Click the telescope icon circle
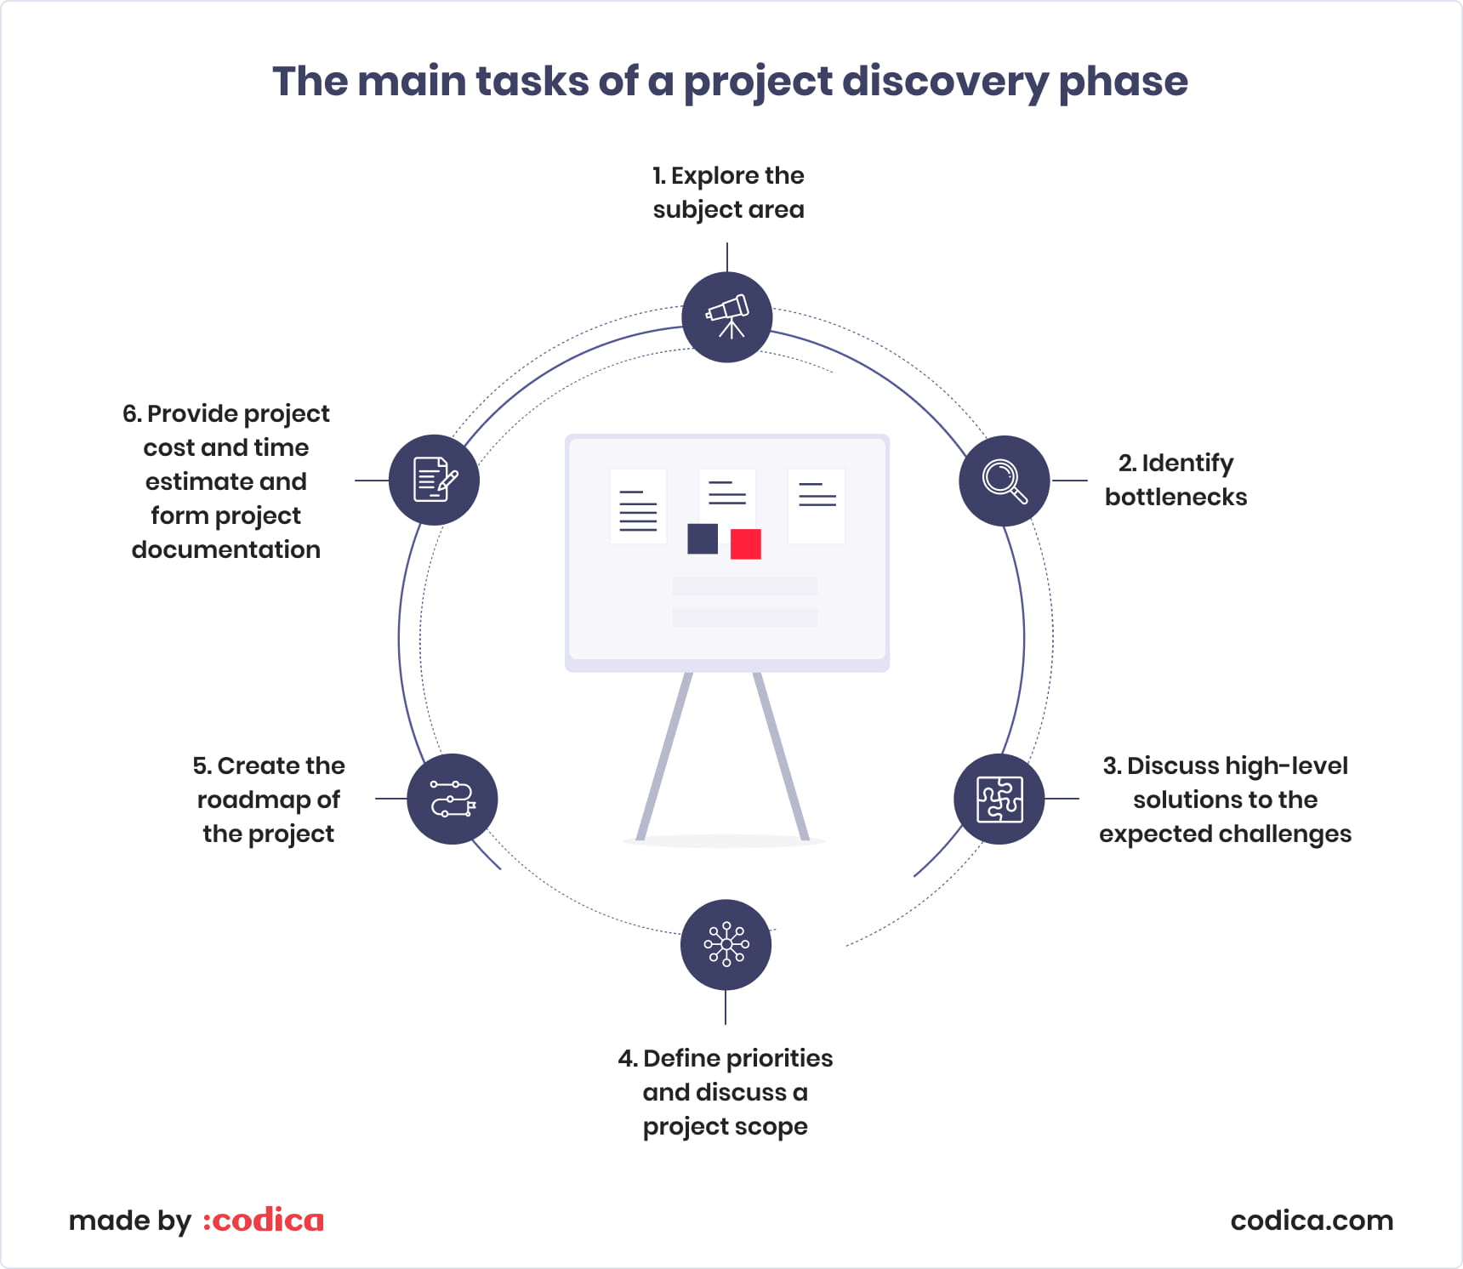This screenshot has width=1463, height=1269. pyautogui.click(x=727, y=317)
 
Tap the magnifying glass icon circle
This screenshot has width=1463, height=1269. pyautogui.click(x=1005, y=481)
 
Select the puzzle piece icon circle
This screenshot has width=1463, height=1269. pyautogui.click(x=999, y=799)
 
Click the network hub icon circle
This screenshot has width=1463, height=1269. pyautogui.click(x=726, y=944)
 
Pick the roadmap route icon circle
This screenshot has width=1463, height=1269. pyautogui.click(x=453, y=799)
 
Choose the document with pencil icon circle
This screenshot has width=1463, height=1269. pyautogui.click(x=435, y=481)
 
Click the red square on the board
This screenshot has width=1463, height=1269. pyautogui.click(x=746, y=544)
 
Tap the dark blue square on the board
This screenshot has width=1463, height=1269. pyautogui.click(x=703, y=538)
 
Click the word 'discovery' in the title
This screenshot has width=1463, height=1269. pyautogui.click(x=945, y=83)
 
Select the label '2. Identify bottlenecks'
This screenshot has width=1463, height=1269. pyautogui.click(x=1176, y=480)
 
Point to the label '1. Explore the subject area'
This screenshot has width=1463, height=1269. pyautogui.click(x=728, y=193)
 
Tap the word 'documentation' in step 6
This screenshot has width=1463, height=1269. pyautogui.click(x=226, y=549)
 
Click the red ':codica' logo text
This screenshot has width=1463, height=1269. pyautogui.click(x=264, y=1221)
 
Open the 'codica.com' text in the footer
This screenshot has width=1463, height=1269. pyautogui.click(x=1312, y=1221)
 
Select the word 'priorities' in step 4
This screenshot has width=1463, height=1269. pyautogui.click(x=780, y=1058)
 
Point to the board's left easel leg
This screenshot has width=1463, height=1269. pyautogui.click(x=664, y=756)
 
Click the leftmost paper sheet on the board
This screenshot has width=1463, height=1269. pyautogui.click(x=638, y=506)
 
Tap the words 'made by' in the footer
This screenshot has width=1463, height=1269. pyautogui.click(x=130, y=1221)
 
